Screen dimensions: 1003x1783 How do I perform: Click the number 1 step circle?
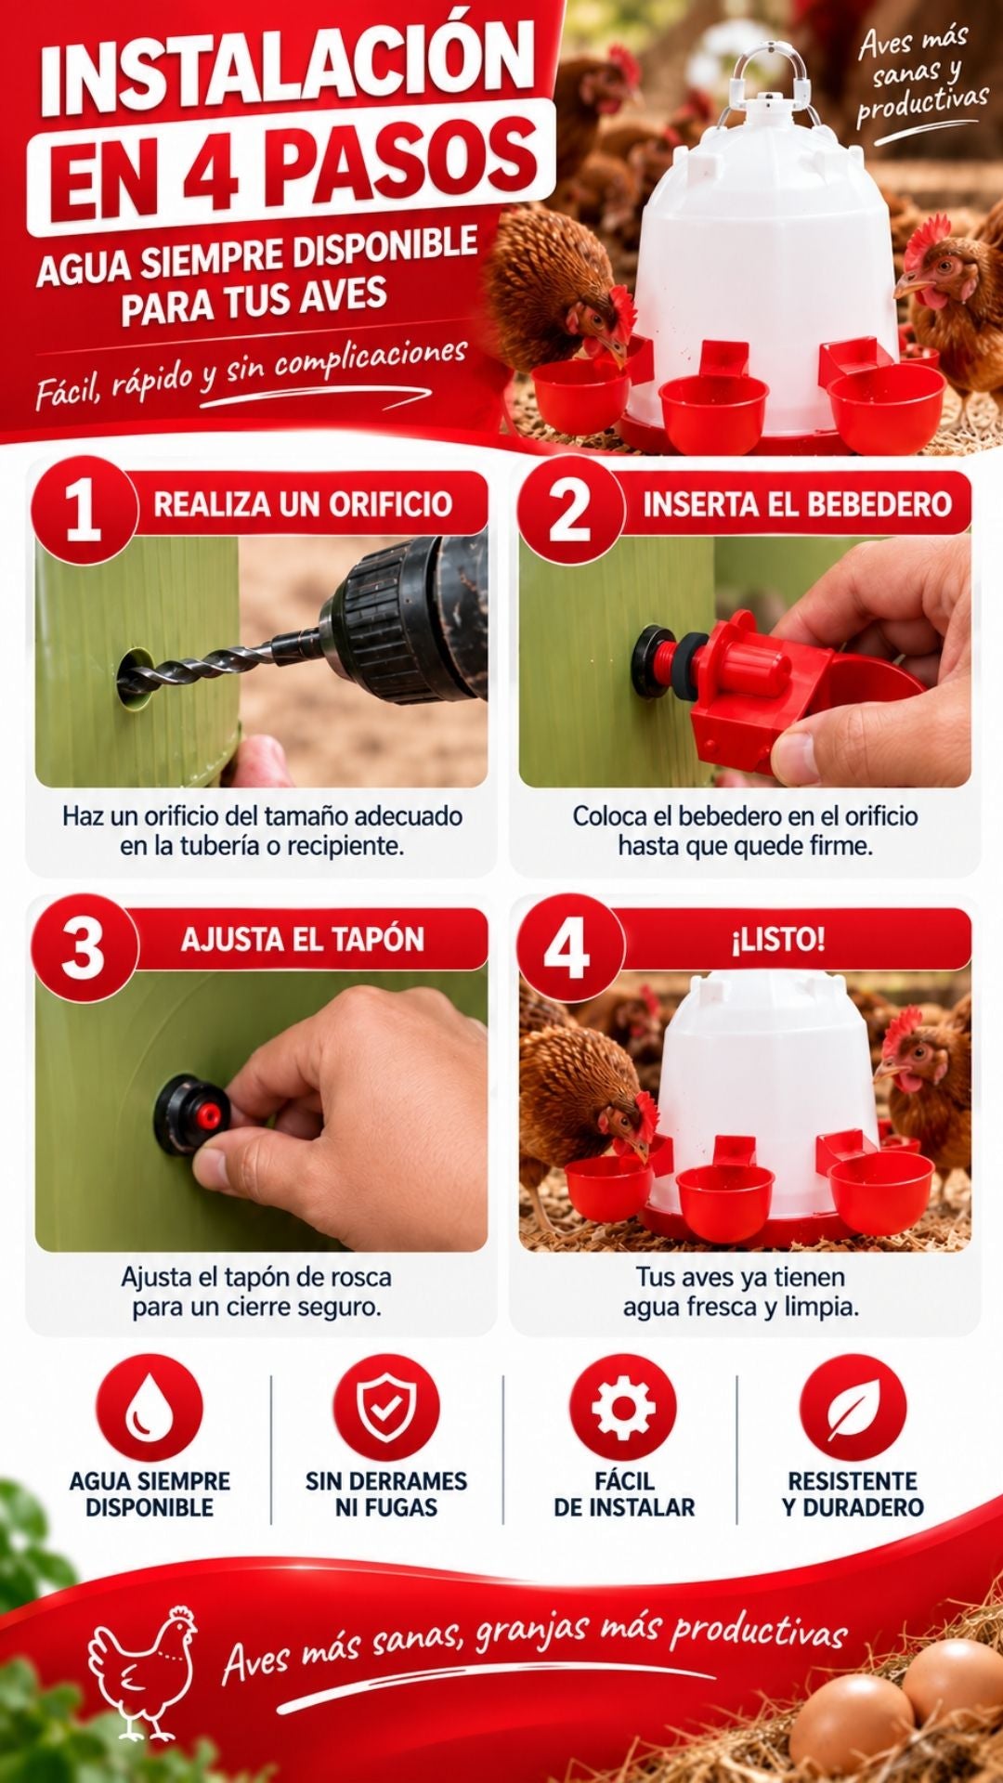click(x=84, y=510)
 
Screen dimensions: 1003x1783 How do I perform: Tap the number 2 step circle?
click(x=570, y=510)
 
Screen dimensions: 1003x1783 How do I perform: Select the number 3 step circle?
click(x=84, y=948)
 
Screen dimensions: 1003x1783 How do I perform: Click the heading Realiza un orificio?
click(x=303, y=504)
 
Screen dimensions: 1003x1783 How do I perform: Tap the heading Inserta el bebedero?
click(x=798, y=504)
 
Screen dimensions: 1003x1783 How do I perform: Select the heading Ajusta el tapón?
click(x=303, y=940)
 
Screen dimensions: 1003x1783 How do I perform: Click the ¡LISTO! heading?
click(x=778, y=940)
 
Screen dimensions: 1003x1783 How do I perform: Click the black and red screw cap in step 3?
click(x=193, y=1114)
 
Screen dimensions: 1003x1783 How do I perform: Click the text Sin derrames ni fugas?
click(x=386, y=1493)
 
